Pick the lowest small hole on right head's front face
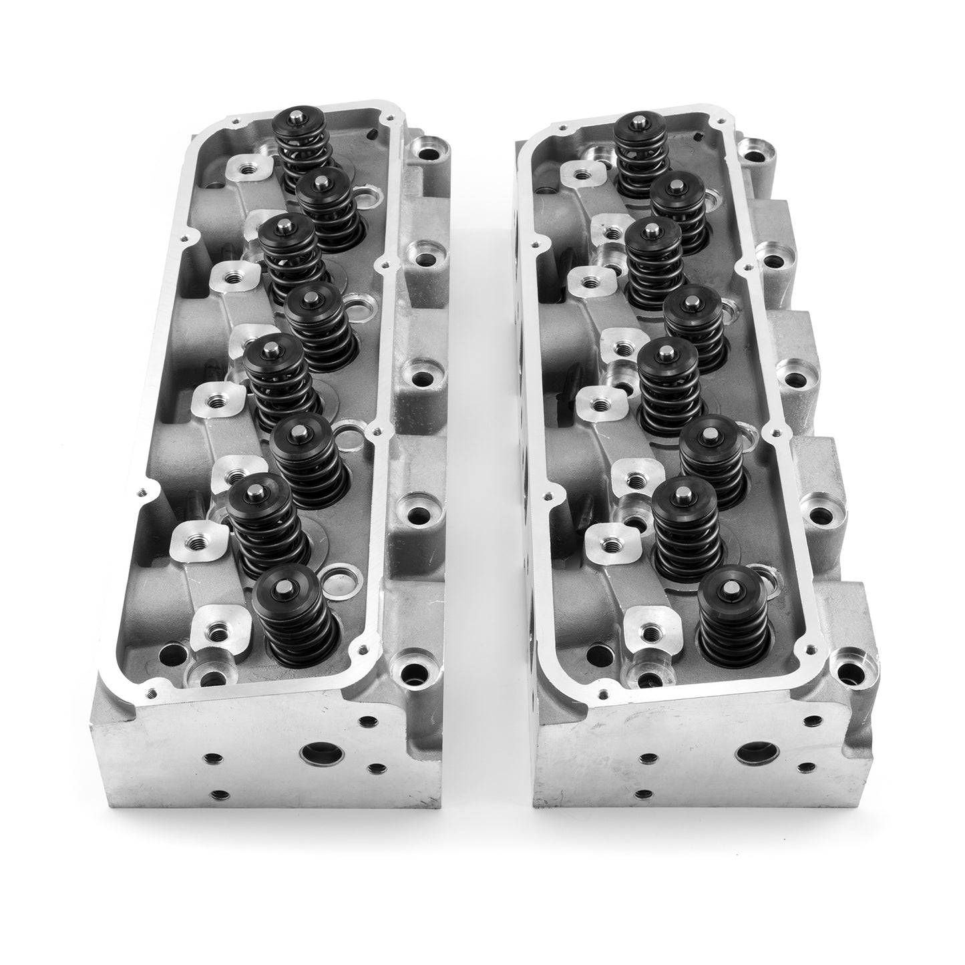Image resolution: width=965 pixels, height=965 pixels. tap(643, 794)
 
